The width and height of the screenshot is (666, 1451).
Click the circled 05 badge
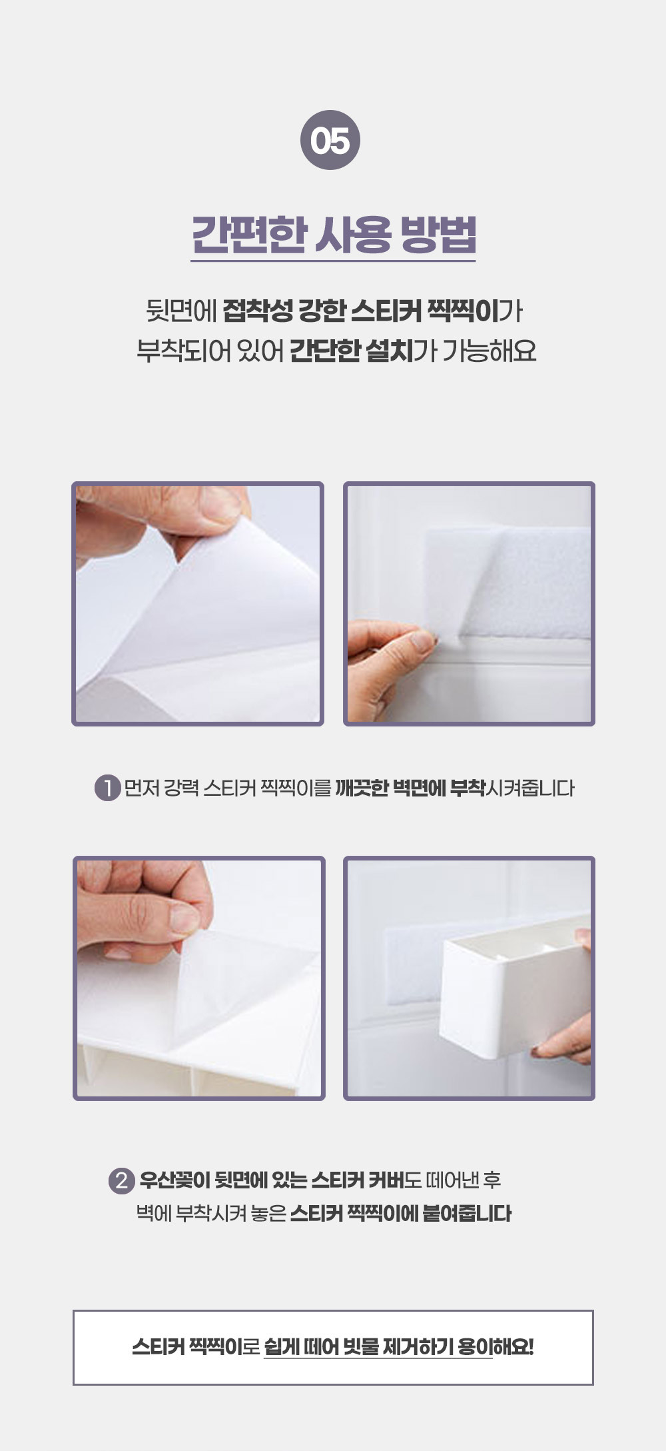click(330, 140)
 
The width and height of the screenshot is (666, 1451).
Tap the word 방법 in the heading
click(438, 235)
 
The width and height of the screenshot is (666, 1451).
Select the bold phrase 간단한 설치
click(351, 351)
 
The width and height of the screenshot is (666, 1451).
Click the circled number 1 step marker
click(107, 788)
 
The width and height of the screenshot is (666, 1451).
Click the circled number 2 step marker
click(121, 1181)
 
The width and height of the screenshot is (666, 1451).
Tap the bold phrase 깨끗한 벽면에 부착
click(410, 788)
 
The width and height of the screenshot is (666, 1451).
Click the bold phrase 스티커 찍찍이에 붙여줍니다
click(401, 1212)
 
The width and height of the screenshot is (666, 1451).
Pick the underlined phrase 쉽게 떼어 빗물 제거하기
click(378, 1347)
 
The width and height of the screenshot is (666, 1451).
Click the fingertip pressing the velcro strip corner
click(422, 641)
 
